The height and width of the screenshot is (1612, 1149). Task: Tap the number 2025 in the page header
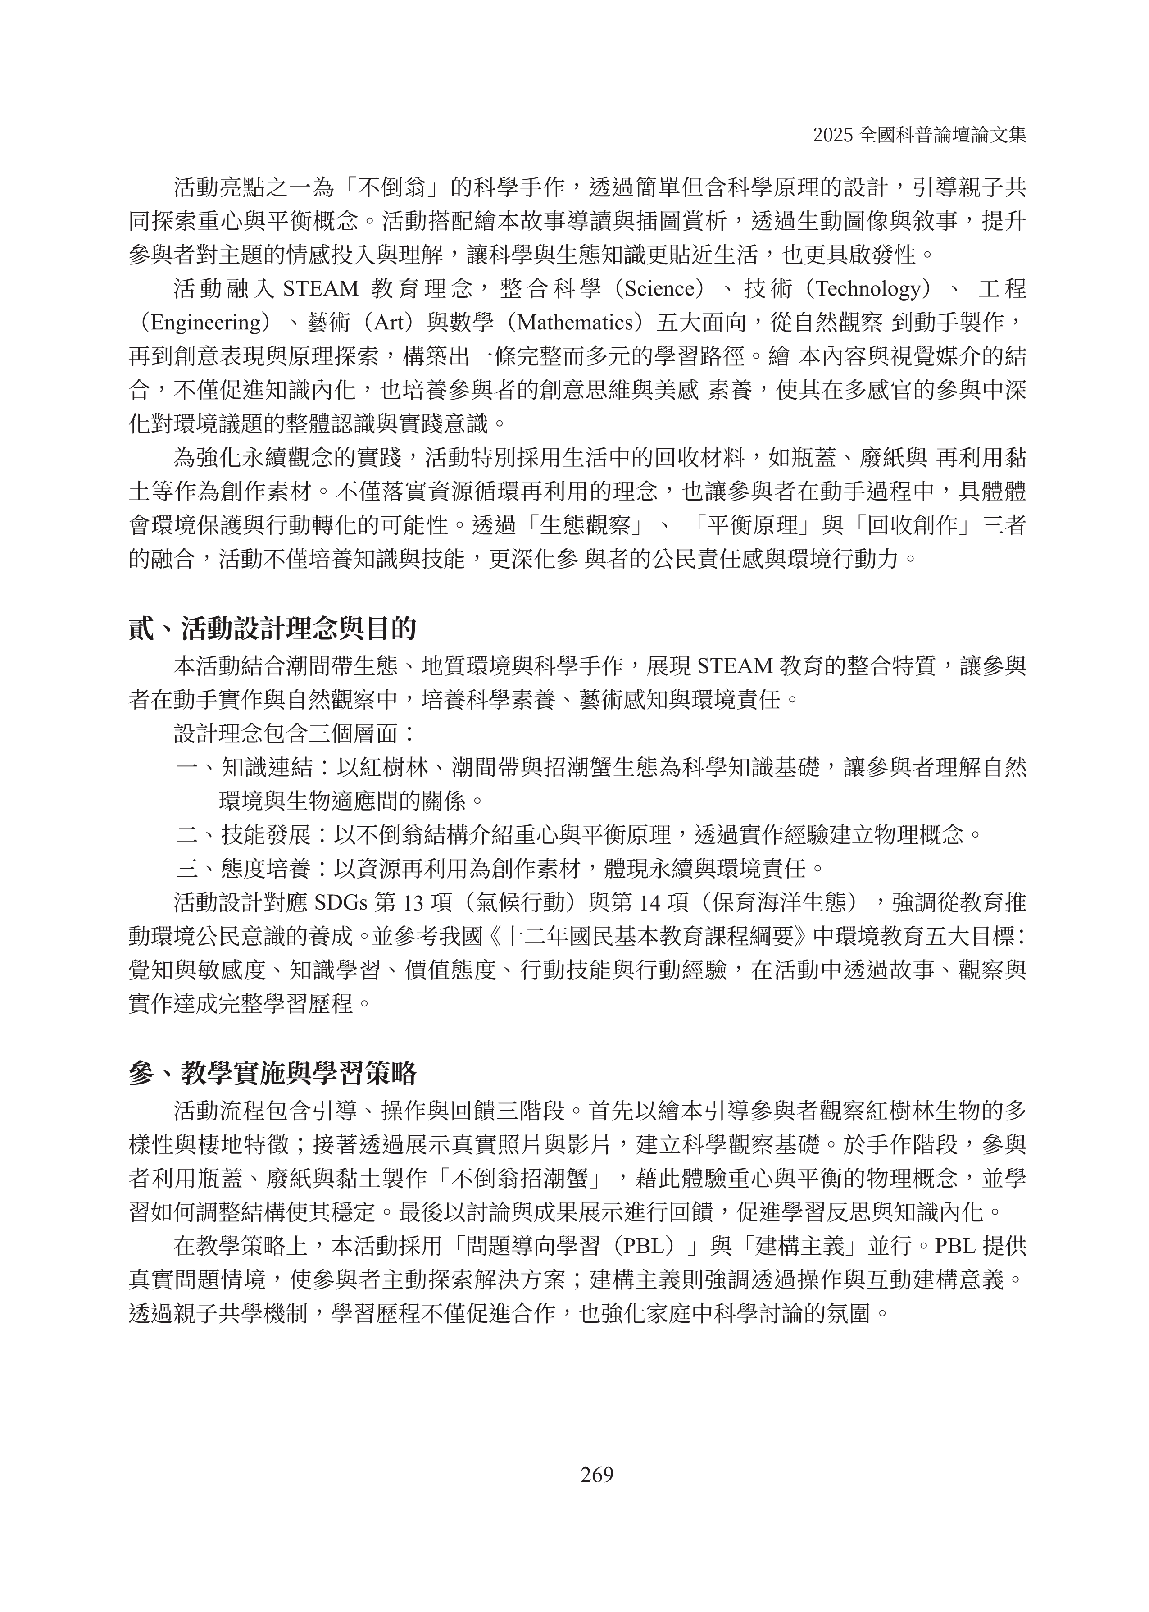pyautogui.click(x=833, y=135)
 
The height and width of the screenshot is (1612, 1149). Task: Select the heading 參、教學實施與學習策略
pyautogui.click(x=272, y=1074)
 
